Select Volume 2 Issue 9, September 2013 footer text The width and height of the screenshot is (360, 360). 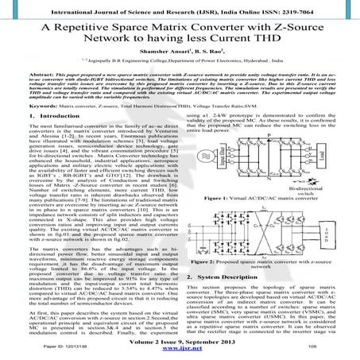(x=180, y=339)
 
